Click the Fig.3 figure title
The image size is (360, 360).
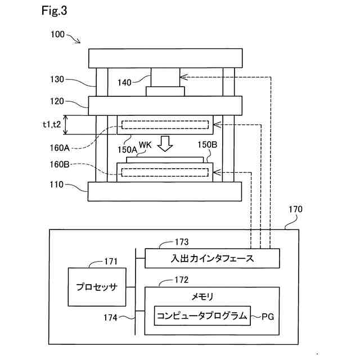coord(54,11)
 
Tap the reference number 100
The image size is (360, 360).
coord(57,34)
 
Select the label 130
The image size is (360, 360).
coord(57,79)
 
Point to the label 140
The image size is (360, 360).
coord(124,83)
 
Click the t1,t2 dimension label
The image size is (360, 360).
coord(52,124)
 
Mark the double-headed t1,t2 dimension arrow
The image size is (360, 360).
coord(66,125)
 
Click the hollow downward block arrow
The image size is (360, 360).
coord(165,144)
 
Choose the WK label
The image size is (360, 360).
coord(145,145)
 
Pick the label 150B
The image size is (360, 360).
coord(208,145)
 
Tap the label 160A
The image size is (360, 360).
coord(60,148)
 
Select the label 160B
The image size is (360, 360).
coord(60,164)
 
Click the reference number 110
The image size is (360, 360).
coord(56,184)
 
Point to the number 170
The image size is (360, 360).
coord(295,209)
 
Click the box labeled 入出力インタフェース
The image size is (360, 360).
coord(212,258)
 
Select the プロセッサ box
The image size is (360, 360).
coord(97,287)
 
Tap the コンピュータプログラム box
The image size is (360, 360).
coord(202,316)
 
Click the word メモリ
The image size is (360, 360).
coord(202,297)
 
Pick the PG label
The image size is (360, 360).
coord(268,317)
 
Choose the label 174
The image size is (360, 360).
coord(110,318)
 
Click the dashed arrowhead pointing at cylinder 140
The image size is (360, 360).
coord(184,77)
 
